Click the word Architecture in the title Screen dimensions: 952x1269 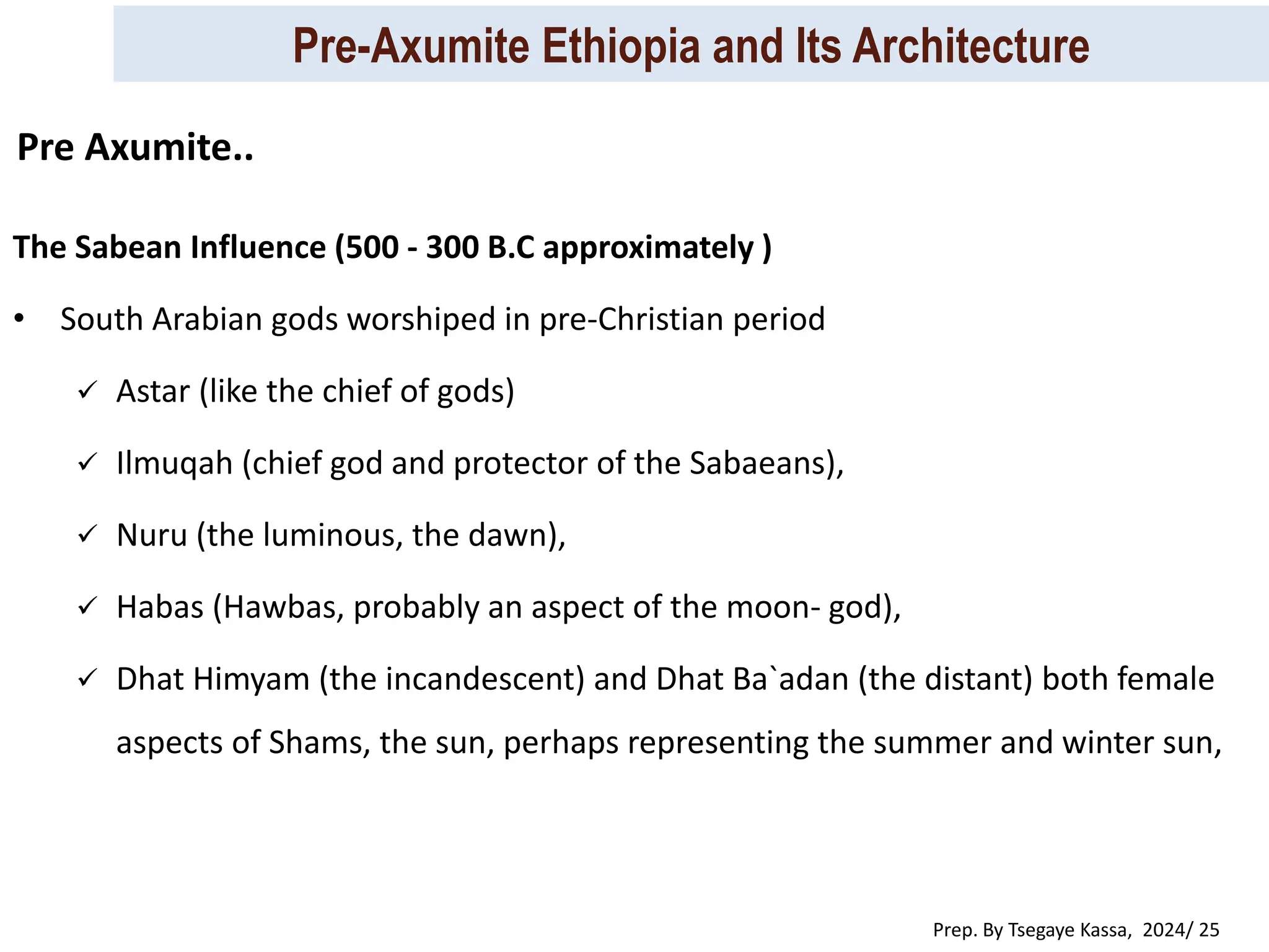pyautogui.click(x=970, y=46)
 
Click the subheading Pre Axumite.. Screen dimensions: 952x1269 pyautogui.click(x=135, y=148)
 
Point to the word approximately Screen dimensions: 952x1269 pyautogui.click(x=648, y=247)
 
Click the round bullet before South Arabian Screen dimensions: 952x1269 pyautogui.click(x=20, y=320)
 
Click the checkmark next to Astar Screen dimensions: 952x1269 pyautogui.click(x=87, y=390)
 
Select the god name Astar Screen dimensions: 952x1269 pyautogui.click(x=153, y=392)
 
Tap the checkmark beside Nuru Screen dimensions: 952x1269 pyautogui.click(x=87, y=534)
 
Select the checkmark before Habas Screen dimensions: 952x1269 pyautogui.click(x=87, y=606)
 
